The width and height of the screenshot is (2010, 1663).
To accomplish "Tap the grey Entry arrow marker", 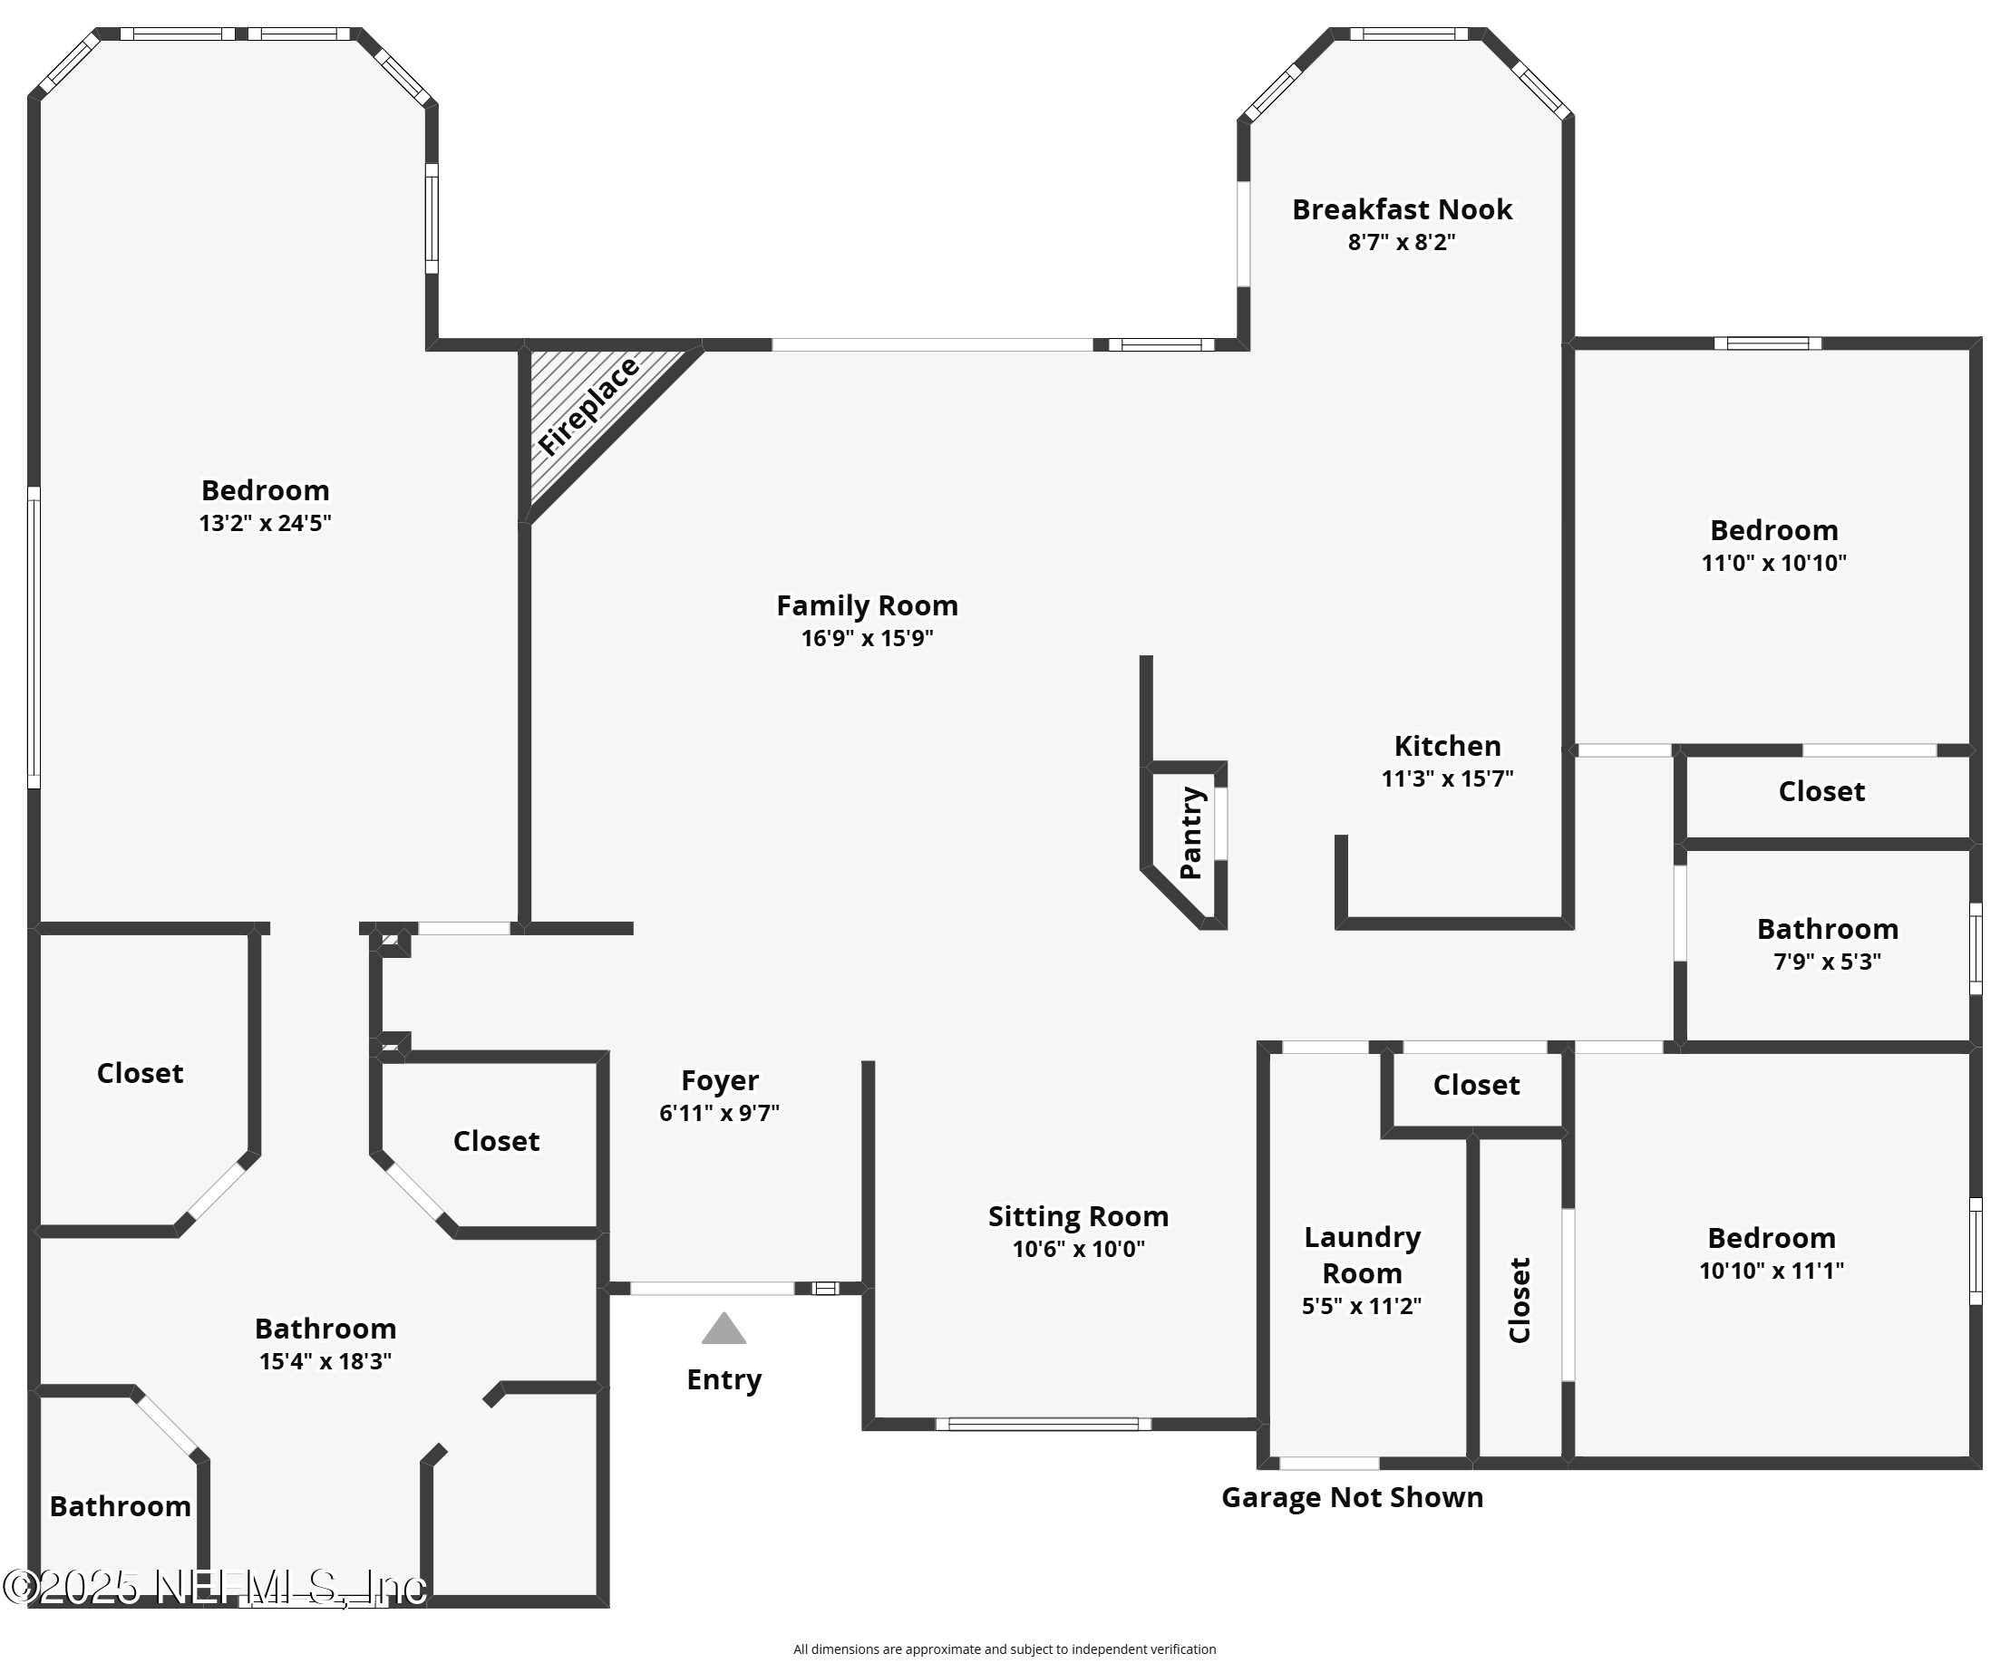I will (723, 1329).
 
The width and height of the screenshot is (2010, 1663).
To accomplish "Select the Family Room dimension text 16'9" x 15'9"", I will (866, 638).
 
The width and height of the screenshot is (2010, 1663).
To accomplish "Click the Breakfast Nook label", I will (1402, 209).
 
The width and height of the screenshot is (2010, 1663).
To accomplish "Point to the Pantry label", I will (1189, 833).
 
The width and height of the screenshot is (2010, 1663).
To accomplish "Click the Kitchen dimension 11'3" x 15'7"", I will (1446, 778).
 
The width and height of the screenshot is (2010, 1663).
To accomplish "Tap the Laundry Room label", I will (1361, 1255).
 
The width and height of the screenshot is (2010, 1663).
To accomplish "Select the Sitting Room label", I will (1078, 1216).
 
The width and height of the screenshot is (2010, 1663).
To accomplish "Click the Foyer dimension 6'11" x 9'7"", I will (719, 1113).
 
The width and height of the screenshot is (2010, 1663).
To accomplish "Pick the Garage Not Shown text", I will (1352, 1497).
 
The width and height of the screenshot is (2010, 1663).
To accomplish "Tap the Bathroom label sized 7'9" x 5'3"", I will (1826, 929).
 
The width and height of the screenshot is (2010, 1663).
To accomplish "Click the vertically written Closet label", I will (1519, 1300).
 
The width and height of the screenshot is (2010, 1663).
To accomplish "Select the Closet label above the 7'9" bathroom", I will (1821, 791).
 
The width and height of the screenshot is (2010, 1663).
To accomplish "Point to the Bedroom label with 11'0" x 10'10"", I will (1772, 530).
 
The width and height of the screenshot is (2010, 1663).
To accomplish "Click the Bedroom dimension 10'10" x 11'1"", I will (1771, 1271).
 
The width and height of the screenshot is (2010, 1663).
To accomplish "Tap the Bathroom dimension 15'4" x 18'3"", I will (325, 1361).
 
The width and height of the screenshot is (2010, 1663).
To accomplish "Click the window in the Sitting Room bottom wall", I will (1043, 1424).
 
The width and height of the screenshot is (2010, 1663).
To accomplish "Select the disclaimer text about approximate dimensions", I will (1004, 1648).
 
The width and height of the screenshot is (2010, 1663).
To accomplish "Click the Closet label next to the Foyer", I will (496, 1141).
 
